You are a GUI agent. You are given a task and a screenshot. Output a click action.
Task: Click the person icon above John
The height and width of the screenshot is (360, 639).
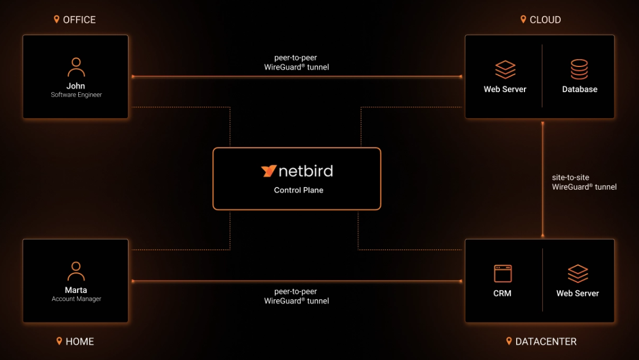click(76, 67)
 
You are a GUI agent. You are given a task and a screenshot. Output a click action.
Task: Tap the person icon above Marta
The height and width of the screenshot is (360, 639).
click(76, 271)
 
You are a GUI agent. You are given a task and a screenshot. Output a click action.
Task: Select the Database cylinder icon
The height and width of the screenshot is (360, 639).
click(579, 69)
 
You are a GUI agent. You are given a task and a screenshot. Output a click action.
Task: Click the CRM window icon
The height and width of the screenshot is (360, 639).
click(503, 273)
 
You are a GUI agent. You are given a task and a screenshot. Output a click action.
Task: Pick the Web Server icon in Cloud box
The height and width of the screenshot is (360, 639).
click(505, 69)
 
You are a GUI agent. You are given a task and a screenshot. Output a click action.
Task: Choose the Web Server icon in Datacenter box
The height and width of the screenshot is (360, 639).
click(578, 273)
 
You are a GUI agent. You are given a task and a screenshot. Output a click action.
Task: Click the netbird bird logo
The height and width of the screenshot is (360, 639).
click(269, 171)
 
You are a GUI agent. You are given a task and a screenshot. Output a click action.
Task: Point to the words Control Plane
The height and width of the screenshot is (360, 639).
click(298, 190)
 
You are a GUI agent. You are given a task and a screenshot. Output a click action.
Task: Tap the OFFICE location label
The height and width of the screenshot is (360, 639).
click(79, 20)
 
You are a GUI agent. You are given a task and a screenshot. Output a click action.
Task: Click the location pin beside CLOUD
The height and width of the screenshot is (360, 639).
click(523, 20)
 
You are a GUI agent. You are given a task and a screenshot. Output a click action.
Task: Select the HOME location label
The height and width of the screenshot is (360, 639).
click(79, 342)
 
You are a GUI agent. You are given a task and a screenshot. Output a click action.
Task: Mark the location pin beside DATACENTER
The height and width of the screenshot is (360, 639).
click(509, 341)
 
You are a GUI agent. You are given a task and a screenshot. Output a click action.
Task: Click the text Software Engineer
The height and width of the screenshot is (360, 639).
click(76, 95)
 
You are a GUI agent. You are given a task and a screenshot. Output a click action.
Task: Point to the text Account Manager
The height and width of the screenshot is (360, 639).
click(76, 299)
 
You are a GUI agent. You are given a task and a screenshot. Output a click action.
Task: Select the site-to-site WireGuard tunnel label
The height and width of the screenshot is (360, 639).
click(584, 183)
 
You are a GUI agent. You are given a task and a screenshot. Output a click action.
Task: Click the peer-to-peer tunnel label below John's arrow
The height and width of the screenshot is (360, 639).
click(296, 63)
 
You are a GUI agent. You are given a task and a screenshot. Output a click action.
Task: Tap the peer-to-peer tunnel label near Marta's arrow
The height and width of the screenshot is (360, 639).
click(296, 296)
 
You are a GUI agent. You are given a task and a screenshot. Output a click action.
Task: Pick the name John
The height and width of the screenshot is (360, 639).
click(76, 86)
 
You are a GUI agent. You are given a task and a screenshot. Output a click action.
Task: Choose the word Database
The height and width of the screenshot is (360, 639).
click(579, 89)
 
